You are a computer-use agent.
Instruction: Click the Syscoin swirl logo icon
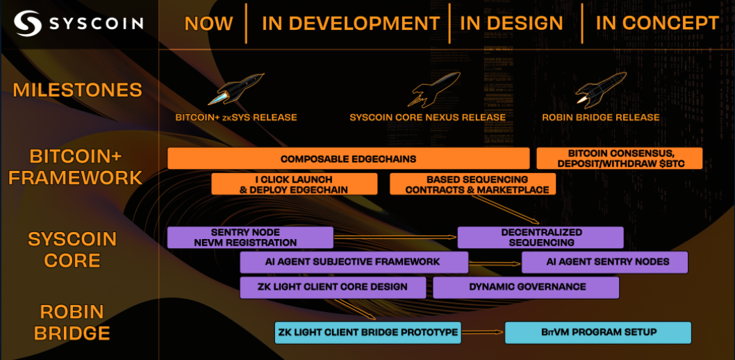(x=28, y=24)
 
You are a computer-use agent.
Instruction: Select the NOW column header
(x=208, y=24)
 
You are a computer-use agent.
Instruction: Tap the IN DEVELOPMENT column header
(x=351, y=24)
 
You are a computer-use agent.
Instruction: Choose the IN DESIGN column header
(x=511, y=24)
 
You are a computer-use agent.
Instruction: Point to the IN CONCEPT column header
(x=657, y=24)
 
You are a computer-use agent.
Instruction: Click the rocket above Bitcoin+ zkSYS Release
(x=236, y=88)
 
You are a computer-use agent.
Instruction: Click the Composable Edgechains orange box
(x=348, y=158)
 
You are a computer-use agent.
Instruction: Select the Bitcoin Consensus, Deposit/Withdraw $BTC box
(x=620, y=158)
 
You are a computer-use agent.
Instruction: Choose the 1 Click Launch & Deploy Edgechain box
(x=295, y=183)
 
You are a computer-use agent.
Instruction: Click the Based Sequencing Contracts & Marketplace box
(x=472, y=183)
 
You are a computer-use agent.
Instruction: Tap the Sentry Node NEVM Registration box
(x=250, y=237)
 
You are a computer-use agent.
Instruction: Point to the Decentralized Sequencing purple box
(x=540, y=237)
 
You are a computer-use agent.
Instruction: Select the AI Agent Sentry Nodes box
(x=604, y=262)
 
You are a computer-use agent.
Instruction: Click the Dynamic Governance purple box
(x=526, y=287)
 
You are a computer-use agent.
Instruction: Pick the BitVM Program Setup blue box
(x=598, y=332)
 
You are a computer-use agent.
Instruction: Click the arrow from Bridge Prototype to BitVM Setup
(x=484, y=332)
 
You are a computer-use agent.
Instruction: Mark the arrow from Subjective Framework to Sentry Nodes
(x=495, y=263)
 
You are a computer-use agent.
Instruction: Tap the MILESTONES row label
(x=77, y=90)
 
